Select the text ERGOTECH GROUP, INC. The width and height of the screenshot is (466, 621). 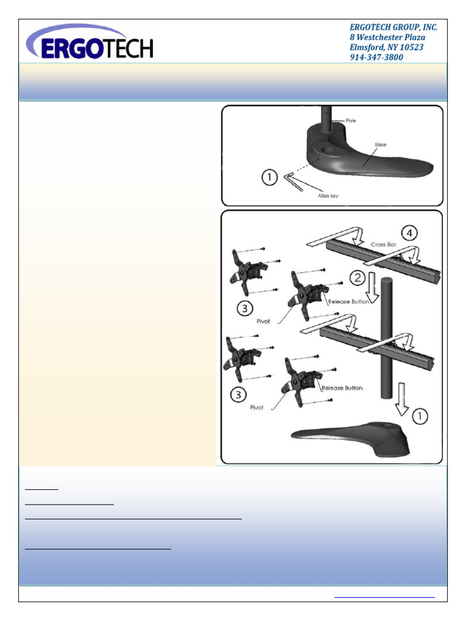[393, 27]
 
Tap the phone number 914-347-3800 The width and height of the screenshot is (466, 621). [376, 57]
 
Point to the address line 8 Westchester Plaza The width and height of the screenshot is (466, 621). [387, 38]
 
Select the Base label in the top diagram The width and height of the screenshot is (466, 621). [380, 144]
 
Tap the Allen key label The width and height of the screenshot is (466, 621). [328, 196]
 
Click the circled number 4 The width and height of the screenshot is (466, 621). [411, 232]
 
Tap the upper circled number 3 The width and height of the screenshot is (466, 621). [244, 309]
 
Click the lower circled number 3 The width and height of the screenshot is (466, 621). [238, 395]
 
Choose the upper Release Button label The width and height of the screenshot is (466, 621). [348, 301]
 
